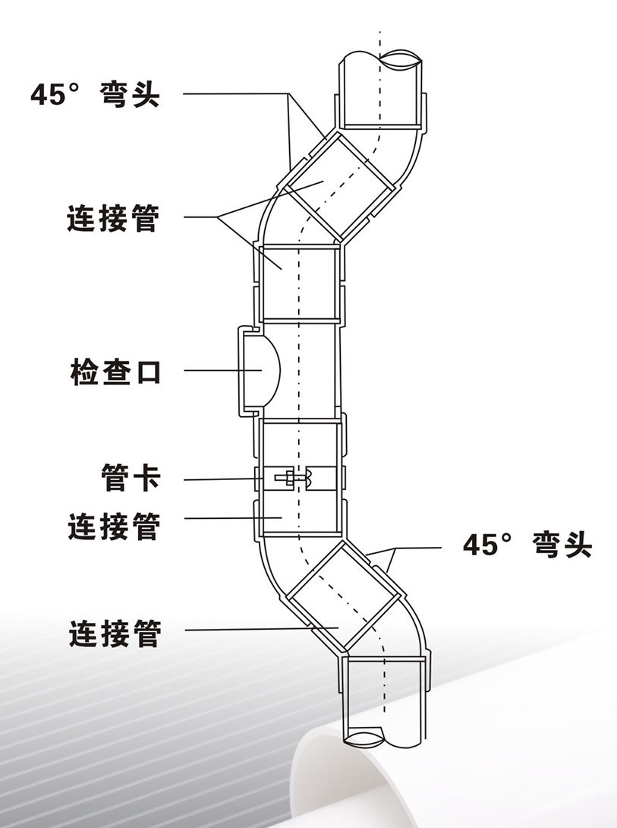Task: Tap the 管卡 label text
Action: tap(131, 478)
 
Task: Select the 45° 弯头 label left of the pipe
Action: tap(95, 94)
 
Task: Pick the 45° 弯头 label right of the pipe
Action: tap(527, 545)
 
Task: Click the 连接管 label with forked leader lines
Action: tap(113, 218)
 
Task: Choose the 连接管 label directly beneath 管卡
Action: tap(114, 526)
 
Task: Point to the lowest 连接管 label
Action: tap(115, 633)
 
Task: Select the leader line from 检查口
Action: tap(223, 370)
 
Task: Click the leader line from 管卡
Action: tap(224, 479)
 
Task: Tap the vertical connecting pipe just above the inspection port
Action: tap(299, 283)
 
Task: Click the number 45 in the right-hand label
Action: tap(480, 545)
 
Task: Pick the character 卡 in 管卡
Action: tap(146, 478)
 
